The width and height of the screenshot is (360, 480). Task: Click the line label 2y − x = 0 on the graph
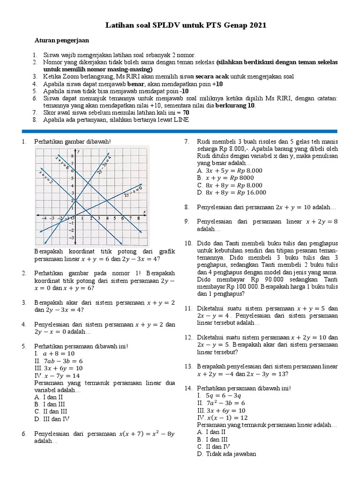coord(133,191)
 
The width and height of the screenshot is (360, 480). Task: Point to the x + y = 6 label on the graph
coord(62,161)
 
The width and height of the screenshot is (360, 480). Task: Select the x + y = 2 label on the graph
coord(46,177)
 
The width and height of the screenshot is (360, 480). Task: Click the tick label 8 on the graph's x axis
coord(138,218)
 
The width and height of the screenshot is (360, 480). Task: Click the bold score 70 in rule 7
coord(186,113)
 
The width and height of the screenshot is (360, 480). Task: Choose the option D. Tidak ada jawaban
coord(226,454)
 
